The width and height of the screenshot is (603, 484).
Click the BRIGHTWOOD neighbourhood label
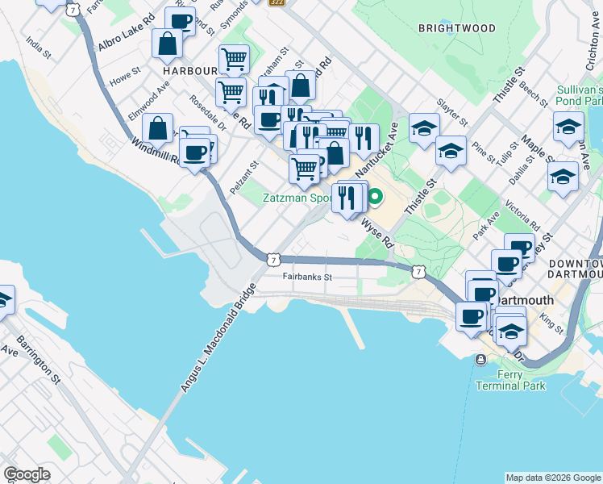457,28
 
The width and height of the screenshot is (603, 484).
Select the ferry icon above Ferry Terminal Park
481,359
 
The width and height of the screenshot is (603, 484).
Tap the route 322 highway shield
277,3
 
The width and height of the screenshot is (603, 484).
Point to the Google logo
27,474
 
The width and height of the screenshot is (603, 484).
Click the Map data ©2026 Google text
552,478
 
